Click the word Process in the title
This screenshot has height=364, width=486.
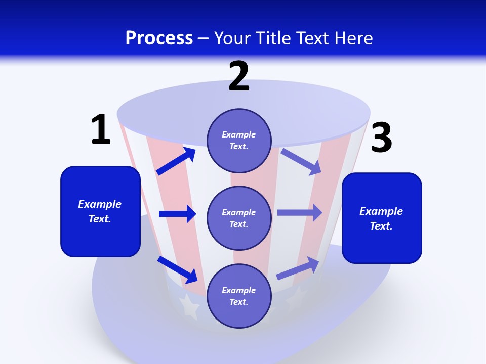(x=159, y=38)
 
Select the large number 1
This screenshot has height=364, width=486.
(x=100, y=130)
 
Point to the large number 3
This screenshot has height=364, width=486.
(x=381, y=138)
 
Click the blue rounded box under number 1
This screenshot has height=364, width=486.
(x=100, y=211)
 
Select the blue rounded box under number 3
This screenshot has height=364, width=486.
(x=382, y=218)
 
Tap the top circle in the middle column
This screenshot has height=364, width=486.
(x=239, y=141)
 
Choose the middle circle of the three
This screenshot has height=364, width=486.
(x=239, y=218)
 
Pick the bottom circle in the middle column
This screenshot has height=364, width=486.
(x=239, y=296)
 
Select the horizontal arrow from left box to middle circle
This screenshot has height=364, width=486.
(x=177, y=214)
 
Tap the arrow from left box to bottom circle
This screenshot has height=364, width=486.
(x=178, y=269)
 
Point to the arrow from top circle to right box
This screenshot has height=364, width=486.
(x=301, y=161)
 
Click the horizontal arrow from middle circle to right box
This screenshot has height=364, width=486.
(x=300, y=212)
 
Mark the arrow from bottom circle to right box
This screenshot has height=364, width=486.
(x=298, y=268)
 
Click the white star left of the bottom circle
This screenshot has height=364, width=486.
(x=189, y=306)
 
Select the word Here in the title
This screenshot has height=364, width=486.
(x=354, y=38)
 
